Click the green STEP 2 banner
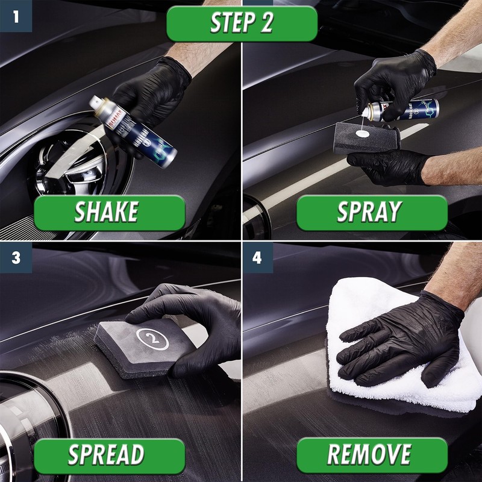pos(242,23)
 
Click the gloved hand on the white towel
pos(398,337)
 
